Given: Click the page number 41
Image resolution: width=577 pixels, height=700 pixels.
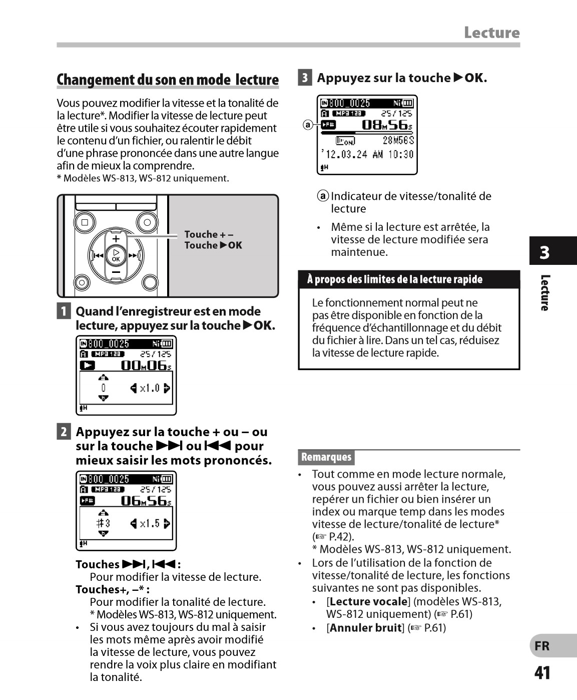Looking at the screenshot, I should tap(542, 673).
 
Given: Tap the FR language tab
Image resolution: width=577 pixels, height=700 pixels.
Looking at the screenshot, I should tap(542, 646).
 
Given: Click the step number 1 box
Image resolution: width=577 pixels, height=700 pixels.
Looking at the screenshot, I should tap(64, 311).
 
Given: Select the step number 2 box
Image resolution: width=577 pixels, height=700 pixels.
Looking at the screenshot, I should tap(64, 432).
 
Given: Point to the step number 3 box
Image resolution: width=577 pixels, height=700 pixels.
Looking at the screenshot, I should tap(305, 78).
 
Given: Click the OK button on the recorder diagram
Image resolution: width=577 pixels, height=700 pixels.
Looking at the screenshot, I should tap(116, 255).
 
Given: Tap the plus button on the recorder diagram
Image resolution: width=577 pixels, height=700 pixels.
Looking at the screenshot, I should tap(116, 238).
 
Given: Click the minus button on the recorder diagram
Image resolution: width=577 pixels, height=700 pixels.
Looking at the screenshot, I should tap(116, 272).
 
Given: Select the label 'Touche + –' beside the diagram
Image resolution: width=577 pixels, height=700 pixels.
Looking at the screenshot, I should tap(209, 234).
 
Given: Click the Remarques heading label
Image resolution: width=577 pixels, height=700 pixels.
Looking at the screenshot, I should tap(326, 457).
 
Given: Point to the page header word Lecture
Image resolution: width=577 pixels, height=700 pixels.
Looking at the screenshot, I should tap(491, 33).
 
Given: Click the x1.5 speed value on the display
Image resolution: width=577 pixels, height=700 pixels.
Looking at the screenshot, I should tap(150, 524).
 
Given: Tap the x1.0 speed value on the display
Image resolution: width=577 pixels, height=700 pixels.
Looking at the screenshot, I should tap(150, 388).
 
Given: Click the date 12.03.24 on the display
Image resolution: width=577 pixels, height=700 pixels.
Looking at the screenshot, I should tap(346, 154).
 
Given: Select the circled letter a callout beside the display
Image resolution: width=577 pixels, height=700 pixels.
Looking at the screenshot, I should tap(308, 125).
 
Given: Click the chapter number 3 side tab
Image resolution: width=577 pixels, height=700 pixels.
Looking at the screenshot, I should tap(544, 252).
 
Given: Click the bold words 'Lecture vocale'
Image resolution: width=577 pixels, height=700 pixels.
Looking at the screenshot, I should tap(369, 602).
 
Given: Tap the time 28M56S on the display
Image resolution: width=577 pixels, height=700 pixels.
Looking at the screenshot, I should tap(398, 141).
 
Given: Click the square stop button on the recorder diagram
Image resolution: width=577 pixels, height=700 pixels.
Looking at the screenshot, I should tap(85, 222).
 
